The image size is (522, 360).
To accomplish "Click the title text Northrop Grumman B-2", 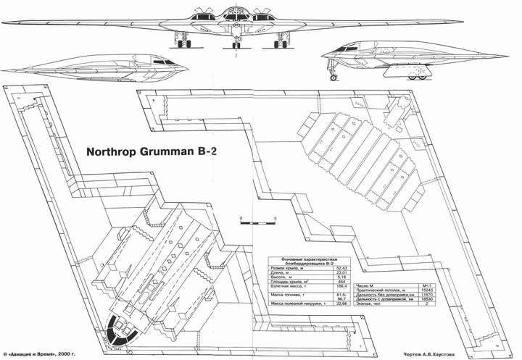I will [154, 154].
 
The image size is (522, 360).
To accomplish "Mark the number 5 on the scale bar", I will [276, 217].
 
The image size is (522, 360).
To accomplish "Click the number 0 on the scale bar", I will [240, 217].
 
